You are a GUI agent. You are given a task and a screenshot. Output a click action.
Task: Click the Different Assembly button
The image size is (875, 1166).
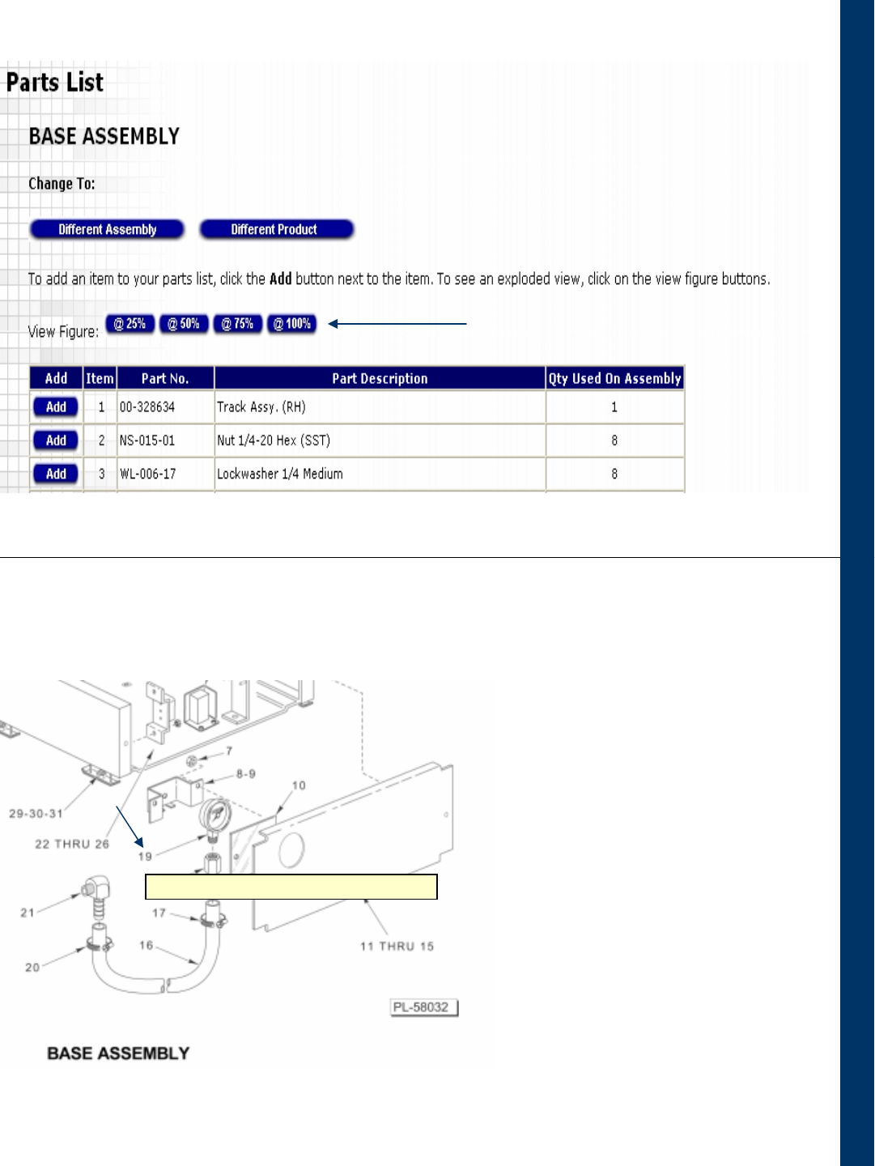tap(107, 229)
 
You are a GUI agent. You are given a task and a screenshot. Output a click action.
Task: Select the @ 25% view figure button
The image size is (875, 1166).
tap(130, 324)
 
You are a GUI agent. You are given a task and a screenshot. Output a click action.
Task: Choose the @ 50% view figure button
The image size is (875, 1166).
tap(184, 324)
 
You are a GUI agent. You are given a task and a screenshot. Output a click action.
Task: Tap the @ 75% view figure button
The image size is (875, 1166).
tap(237, 324)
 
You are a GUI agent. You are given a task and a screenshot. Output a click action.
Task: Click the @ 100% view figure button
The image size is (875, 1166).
tap(291, 324)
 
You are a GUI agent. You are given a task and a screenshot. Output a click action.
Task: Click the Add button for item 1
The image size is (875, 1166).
tap(56, 407)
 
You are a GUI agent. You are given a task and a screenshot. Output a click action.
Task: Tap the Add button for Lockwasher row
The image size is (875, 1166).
tap(56, 474)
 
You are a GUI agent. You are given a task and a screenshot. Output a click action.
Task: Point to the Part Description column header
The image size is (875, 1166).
tap(380, 378)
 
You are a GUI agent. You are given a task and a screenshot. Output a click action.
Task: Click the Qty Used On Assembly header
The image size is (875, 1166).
tap(614, 378)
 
